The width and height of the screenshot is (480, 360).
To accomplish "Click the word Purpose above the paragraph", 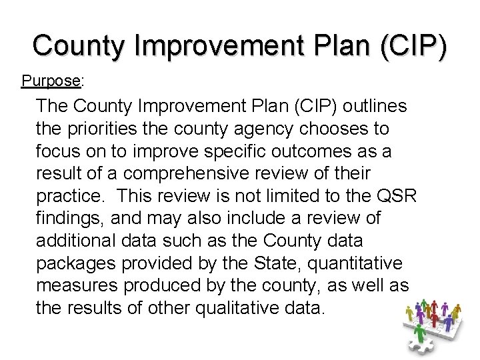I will (x=51, y=81).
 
